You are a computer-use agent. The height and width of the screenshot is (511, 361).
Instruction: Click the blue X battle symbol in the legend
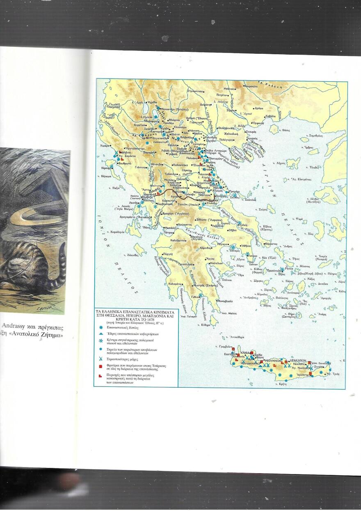101,359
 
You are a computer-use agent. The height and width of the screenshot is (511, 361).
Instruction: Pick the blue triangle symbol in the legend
101,334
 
